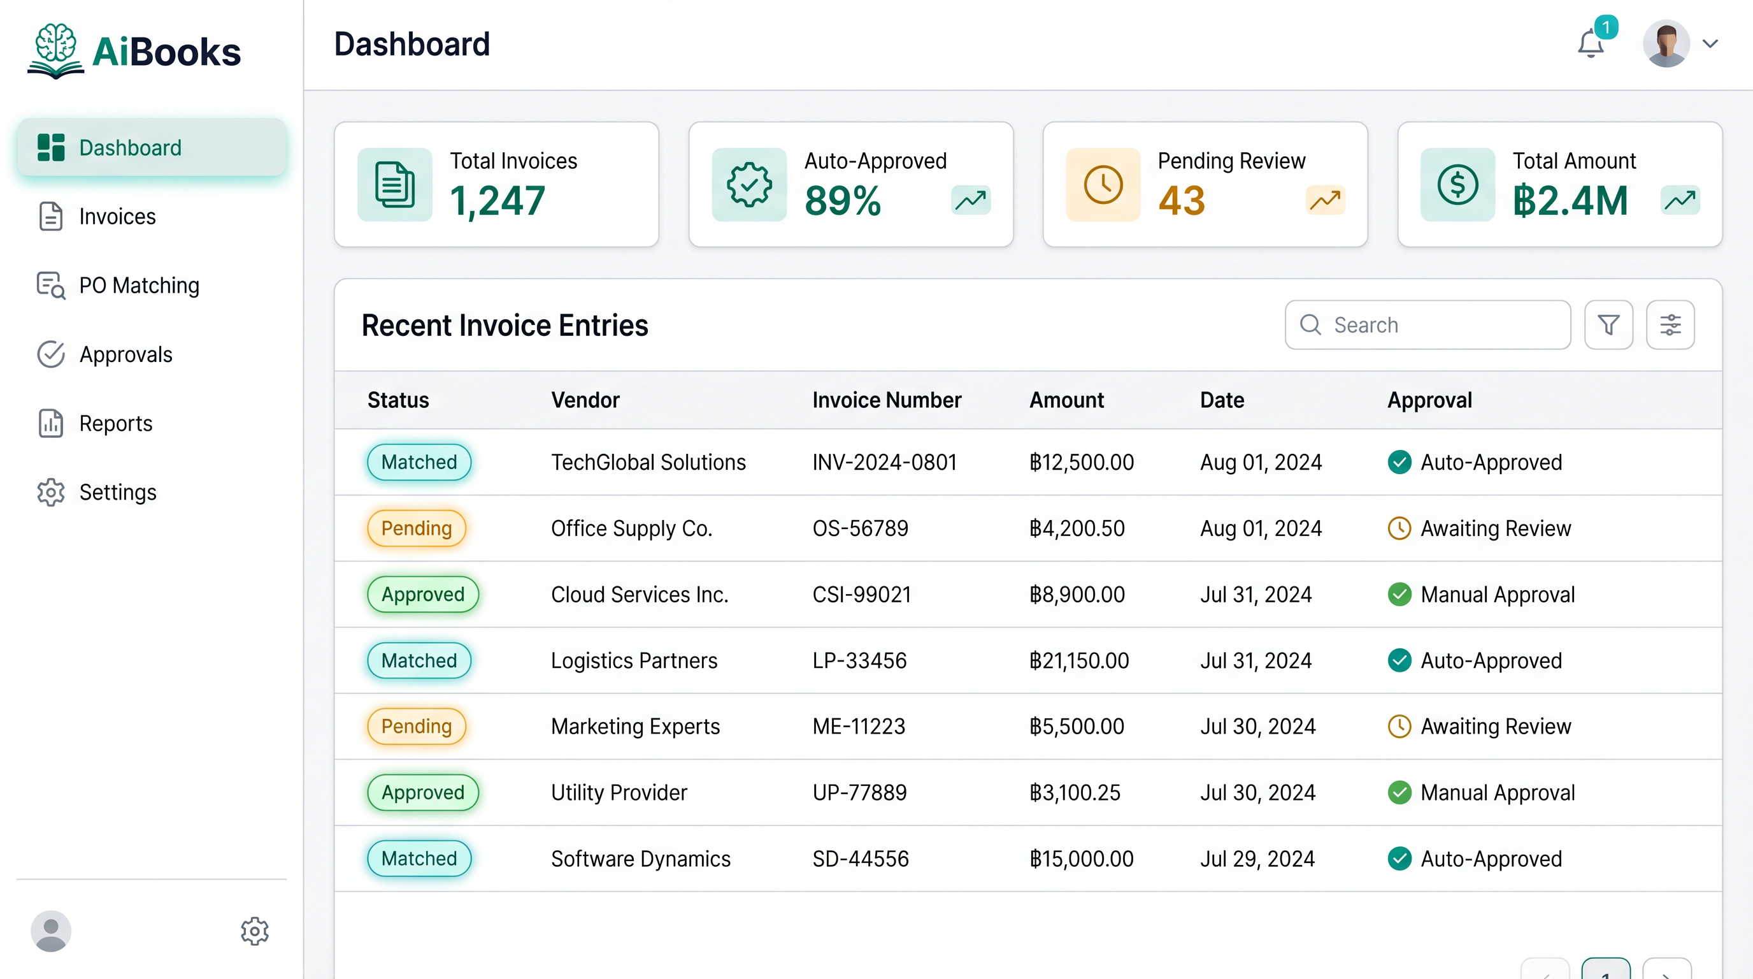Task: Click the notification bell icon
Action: click(1591, 44)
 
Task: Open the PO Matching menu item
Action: click(139, 286)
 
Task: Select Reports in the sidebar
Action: click(116, 423)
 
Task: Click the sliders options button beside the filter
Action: click(1670, 325)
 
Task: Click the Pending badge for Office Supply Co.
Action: click(417, 528)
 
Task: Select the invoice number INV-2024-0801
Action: click(884, 462)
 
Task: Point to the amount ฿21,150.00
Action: click(1078, 660)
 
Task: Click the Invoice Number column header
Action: click(886, 400)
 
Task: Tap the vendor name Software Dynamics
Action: click(640, 859)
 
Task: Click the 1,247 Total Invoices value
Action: click(497, 201)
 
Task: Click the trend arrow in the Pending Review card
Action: click(1325, 200)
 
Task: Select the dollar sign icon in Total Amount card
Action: click(1457, 184)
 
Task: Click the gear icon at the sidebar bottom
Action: click(255, 931)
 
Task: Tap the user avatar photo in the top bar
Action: click(1666, 43)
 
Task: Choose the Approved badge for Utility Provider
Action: click(422, 792)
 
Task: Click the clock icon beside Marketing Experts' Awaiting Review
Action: click(1399, 727)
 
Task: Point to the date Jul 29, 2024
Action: click(1257, 859)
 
